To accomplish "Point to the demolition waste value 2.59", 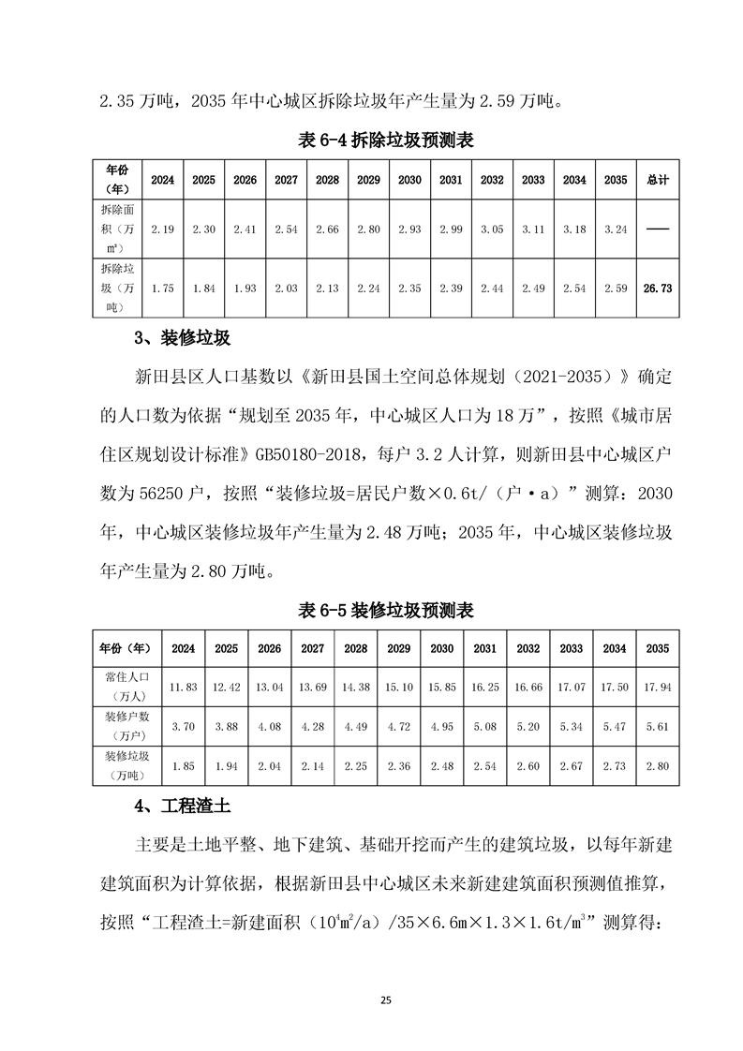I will tap(616, 289).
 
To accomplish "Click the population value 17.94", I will tap(657, 687).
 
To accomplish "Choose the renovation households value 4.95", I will tap(441, 726).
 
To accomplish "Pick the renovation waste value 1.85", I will tap(184, 766).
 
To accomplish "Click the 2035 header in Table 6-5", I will tap(657, 648).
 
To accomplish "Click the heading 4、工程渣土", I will tap(184, 804).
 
